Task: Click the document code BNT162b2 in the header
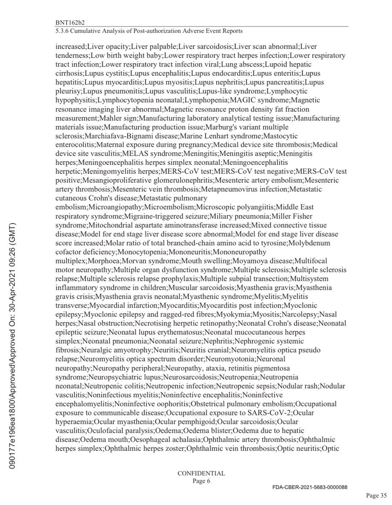click(x=68, y=21)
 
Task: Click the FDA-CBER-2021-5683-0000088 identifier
click(x=309, y=487)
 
